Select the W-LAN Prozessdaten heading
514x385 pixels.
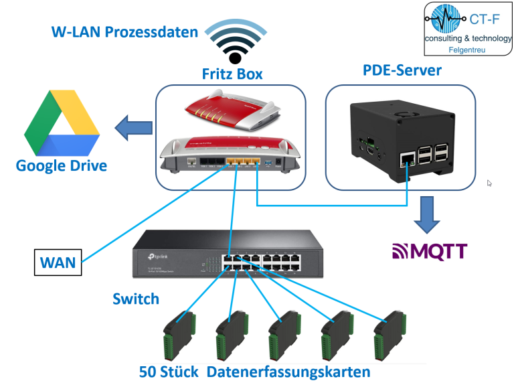coord(125,31)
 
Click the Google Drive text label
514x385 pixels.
coord(62,165)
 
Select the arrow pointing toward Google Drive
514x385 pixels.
coord(131,127)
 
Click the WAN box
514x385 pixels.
coord(58,262)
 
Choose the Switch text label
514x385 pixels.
coord(135,298)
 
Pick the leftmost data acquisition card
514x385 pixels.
coord(179,335)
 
